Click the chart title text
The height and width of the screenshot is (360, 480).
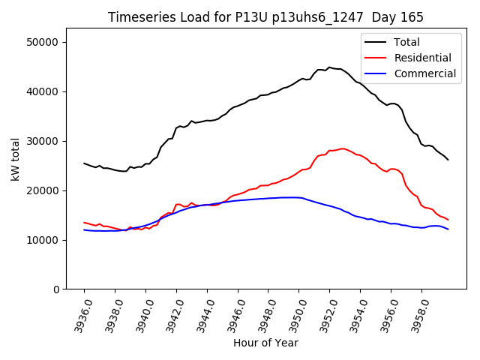click(x=265, y=17)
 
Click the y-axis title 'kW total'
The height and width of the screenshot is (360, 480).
click(x=16, y=159)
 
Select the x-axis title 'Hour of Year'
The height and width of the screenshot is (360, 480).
click(x=265, y=343)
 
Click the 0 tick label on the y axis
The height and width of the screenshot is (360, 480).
click(x=55, y=289)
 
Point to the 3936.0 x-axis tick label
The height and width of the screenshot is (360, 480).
click(x=79, y=315)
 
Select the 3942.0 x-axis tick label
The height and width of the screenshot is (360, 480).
click(x=172, y=315)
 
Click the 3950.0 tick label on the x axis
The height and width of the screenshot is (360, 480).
click(x=294, y=315)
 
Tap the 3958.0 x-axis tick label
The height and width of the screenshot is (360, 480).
click(x=417, y=315)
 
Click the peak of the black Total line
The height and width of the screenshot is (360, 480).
click(x=329, y=67)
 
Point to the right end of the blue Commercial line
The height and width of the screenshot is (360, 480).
click(x=448, y=229)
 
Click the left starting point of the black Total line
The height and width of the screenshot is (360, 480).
click(x=84, y=163)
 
